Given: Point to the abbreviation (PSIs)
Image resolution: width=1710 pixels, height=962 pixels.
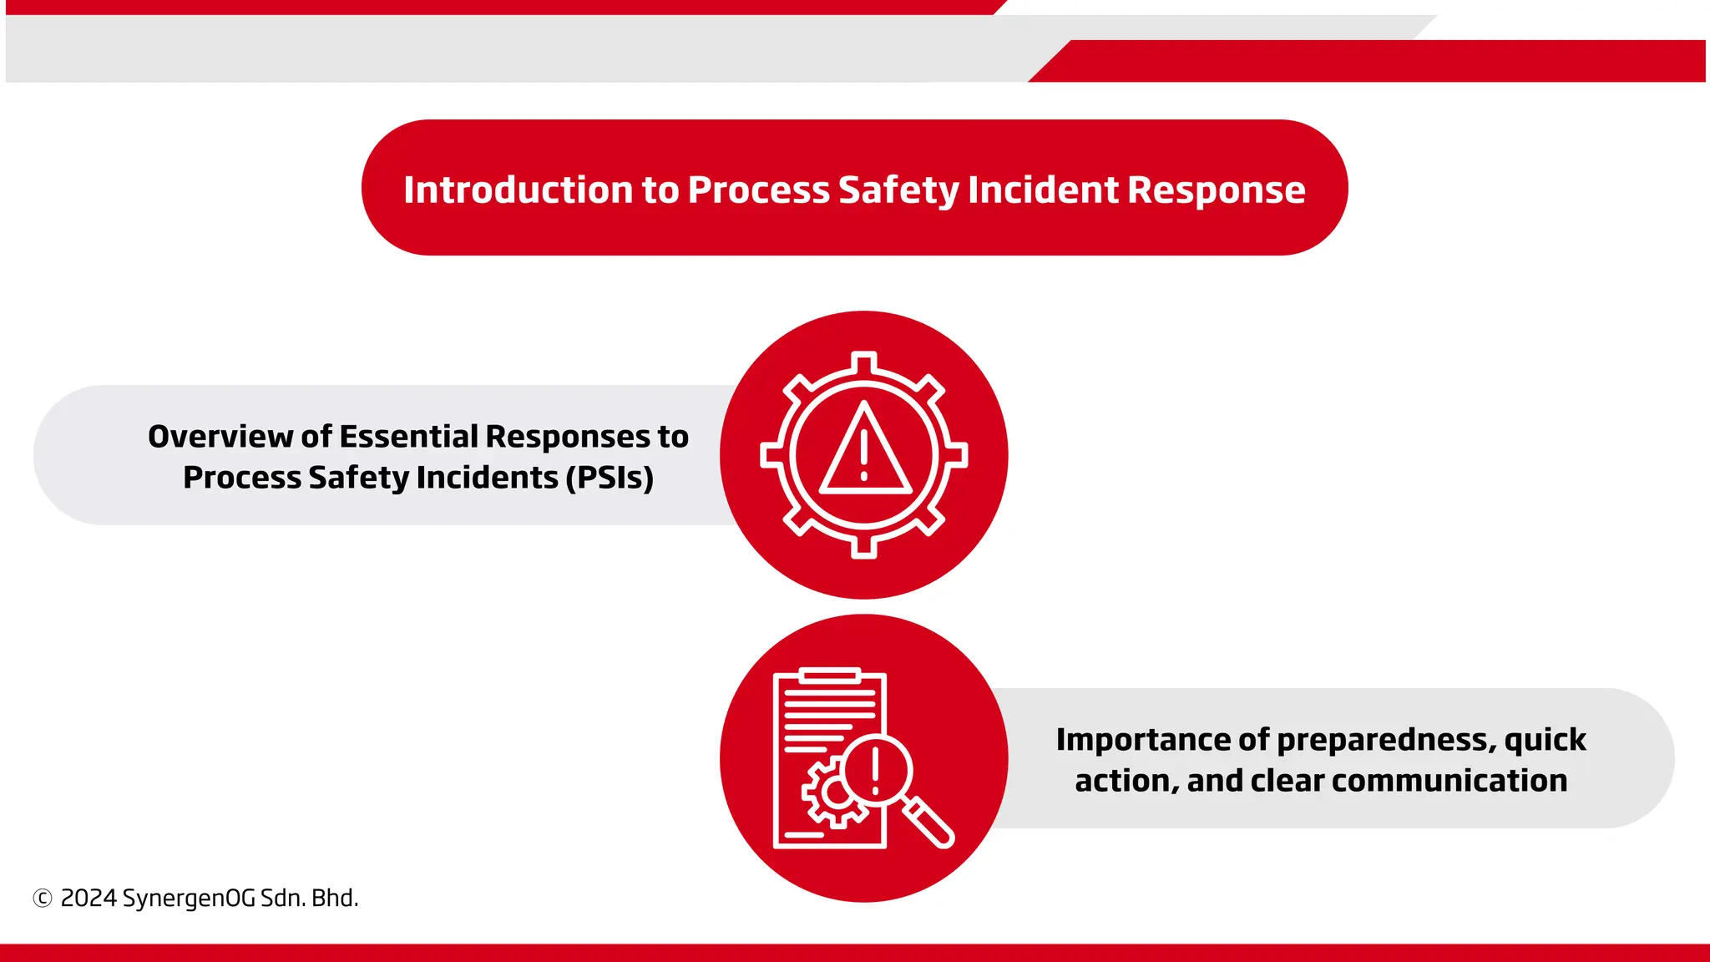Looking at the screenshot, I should point(610,478).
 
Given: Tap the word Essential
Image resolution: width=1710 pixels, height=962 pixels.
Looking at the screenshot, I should point(408,437).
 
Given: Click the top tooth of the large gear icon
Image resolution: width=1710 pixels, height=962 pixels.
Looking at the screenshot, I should point(864,362).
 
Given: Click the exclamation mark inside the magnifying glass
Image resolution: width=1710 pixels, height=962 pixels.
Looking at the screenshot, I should point(875,770).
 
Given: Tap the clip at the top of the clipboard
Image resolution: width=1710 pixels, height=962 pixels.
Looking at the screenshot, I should point(829,675).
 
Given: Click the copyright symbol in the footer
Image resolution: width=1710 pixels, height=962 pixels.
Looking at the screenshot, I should point(43,899).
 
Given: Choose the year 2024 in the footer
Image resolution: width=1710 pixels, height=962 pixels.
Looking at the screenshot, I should point(89,899).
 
